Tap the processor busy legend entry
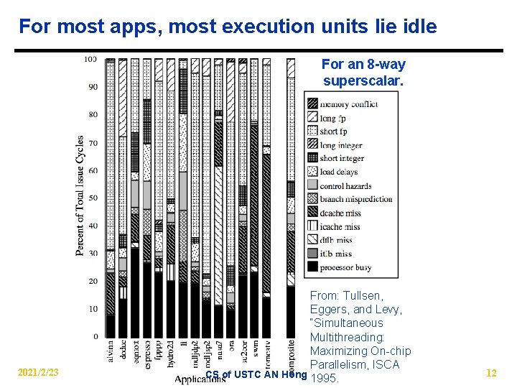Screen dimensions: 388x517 (345, 267)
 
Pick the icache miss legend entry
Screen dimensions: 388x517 (340, 226)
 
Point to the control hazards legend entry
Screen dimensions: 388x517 (345, 185)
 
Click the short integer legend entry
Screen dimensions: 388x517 (341, 158)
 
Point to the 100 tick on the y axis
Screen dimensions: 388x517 (90, 59)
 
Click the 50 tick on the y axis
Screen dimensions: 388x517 (93, 198)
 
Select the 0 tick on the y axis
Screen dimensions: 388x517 (95, 336)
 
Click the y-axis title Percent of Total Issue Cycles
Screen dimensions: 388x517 (80, 195)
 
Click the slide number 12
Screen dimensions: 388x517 (491, 373)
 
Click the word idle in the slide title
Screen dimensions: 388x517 (416, 27)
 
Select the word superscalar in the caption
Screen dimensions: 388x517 (363, 80)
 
